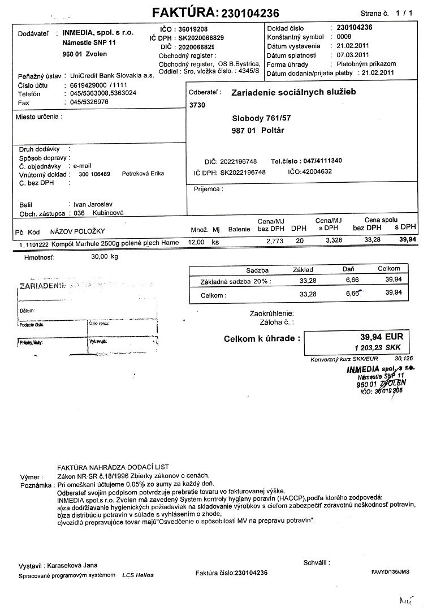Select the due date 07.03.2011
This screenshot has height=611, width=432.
click(353, 55)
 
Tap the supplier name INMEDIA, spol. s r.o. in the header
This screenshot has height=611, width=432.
click(98, 33)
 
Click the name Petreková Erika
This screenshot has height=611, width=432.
click(142, 174)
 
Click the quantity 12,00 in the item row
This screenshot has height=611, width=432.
click(196, 242)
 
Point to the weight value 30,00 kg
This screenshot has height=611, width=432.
click(105, 256)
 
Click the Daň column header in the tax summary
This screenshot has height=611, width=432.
click(348, 270)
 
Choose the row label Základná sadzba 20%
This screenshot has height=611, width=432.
click(235, 281)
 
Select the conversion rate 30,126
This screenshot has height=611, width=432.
click(404, 358)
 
